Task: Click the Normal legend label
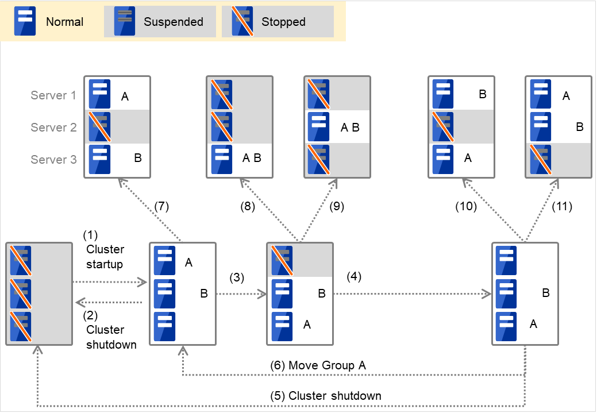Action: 64,22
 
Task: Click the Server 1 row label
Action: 53,95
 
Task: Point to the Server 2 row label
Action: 53,128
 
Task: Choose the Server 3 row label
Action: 53,160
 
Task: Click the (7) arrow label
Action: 161,206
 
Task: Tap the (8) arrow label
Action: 248,206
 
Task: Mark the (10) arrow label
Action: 467,206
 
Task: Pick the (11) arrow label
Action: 561,206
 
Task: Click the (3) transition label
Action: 237,277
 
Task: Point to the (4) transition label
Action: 355,276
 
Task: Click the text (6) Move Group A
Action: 318,365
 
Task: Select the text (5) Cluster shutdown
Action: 326,396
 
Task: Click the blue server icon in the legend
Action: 24,21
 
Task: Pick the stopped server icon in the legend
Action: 242,21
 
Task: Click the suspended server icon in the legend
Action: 124,21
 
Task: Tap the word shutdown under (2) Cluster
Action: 111,345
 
